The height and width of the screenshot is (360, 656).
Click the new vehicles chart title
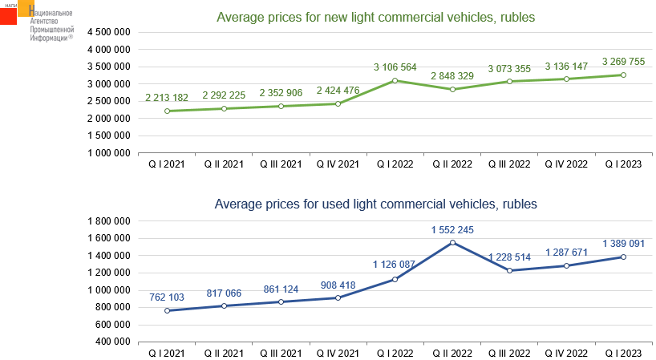[376, 17]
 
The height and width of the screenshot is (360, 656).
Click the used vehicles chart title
[375, 204]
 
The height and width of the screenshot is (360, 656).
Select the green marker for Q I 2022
[395, 80]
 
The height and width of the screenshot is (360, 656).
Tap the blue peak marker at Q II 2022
[452, 243]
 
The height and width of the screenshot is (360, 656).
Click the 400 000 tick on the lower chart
[113, 342]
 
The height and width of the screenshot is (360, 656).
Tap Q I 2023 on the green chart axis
[623, 164]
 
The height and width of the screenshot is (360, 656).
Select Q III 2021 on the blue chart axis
[281, 353]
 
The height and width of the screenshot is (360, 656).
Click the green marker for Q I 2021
[167, 111]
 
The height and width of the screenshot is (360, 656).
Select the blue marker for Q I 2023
[623, 257]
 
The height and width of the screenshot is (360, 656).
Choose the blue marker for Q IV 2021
[338, 297]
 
